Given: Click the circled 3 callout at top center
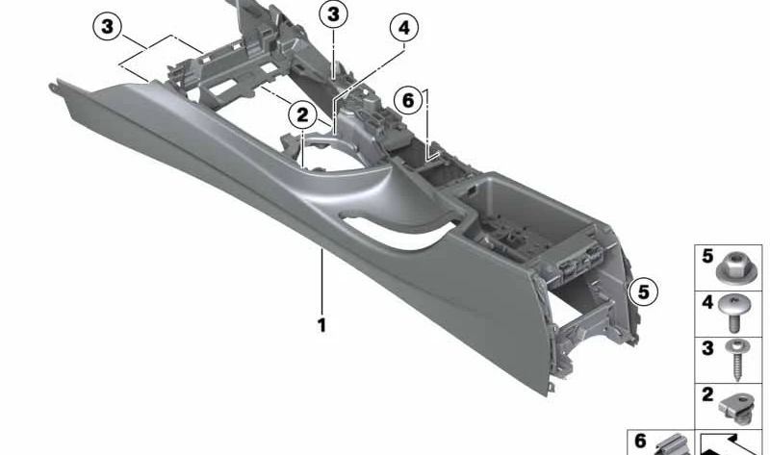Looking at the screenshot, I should (x=333, y=13).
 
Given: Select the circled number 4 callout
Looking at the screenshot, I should (x=404, y=29).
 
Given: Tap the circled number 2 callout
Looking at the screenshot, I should (x=302, y=115).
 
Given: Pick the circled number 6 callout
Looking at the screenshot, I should (x=408, y=99).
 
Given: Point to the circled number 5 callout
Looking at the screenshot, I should (x=641, y=290).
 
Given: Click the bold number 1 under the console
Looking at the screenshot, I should (x=321, y=325).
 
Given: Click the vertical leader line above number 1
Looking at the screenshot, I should (x=321, y=279).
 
